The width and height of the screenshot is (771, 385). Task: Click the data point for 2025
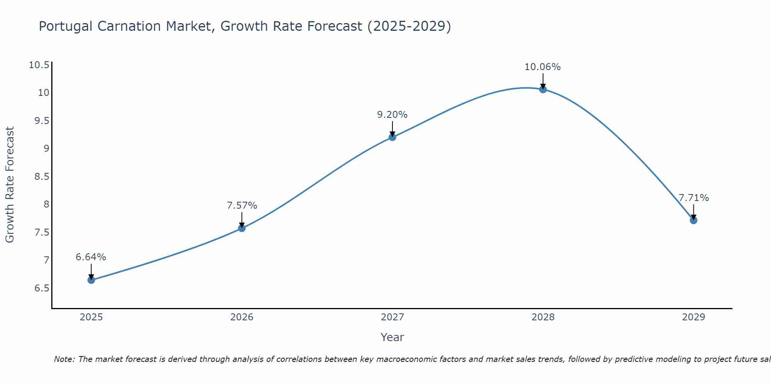point(91,280)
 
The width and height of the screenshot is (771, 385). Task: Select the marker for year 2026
point(242,228)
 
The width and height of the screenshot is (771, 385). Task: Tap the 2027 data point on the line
point(392,137)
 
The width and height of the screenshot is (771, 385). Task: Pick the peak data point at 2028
point(543,89)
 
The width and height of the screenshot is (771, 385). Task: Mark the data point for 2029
point(694,220)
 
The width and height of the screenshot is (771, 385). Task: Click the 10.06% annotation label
point(542,67)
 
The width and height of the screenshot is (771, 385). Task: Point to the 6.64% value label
point(91,257)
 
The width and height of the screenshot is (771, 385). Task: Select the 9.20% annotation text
point(392,115)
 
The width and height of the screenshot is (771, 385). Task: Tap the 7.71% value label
point(694,198)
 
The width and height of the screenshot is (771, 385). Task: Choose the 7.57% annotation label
point(242,206)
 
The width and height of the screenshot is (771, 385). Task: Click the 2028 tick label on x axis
point(543,317)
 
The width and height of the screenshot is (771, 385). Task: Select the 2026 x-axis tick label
point(242,317)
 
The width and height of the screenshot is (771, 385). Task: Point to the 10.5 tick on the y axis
point(39,65)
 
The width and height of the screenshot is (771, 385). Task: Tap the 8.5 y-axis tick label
point(42,177)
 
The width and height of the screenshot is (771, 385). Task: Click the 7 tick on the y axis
point(47,260)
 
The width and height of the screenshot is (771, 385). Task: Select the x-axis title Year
point(392,337)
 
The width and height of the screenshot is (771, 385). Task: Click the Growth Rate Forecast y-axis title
point(10,184)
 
